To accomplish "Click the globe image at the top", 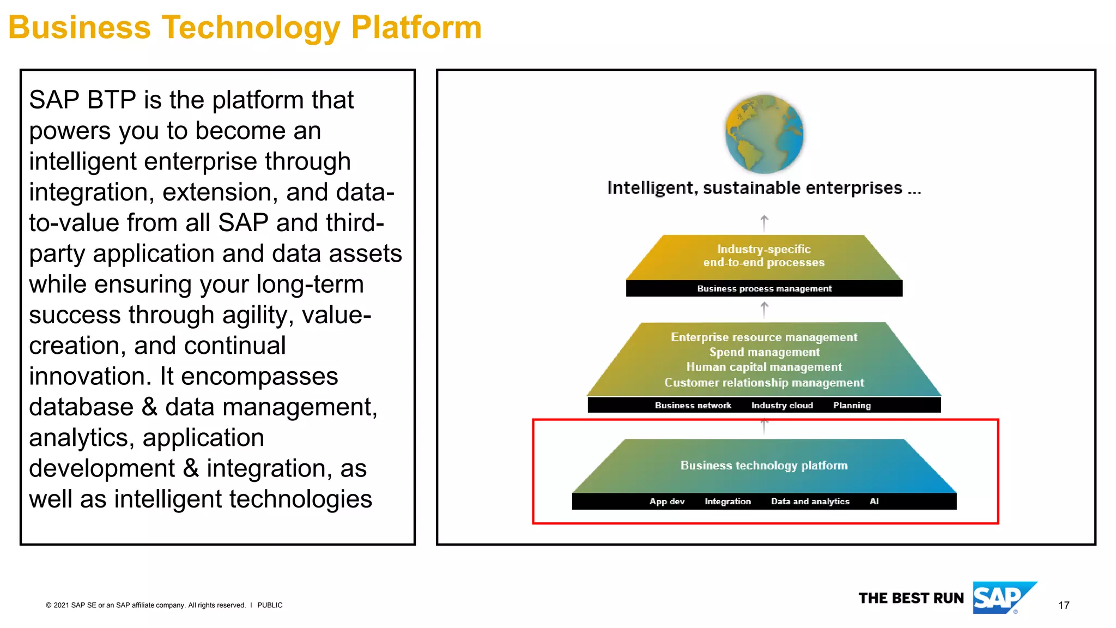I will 764,134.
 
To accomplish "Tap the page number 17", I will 1063,605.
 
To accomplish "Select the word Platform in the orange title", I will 416,27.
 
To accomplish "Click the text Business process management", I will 764,288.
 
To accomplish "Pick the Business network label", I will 693,405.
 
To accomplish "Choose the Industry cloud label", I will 782,405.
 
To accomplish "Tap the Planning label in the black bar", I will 852,405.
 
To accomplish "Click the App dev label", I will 666,501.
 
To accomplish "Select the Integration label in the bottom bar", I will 727,501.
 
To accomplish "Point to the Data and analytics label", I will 810,501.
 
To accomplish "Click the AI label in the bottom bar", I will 874,501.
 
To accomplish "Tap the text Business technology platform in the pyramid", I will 764,465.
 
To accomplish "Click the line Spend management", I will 764,352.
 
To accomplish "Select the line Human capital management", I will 764,367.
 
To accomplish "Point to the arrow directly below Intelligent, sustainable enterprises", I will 764,222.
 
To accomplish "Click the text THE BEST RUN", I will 911,598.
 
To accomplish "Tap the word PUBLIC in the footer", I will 270,605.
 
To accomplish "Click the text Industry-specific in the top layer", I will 763,249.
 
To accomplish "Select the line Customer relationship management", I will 764,383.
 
